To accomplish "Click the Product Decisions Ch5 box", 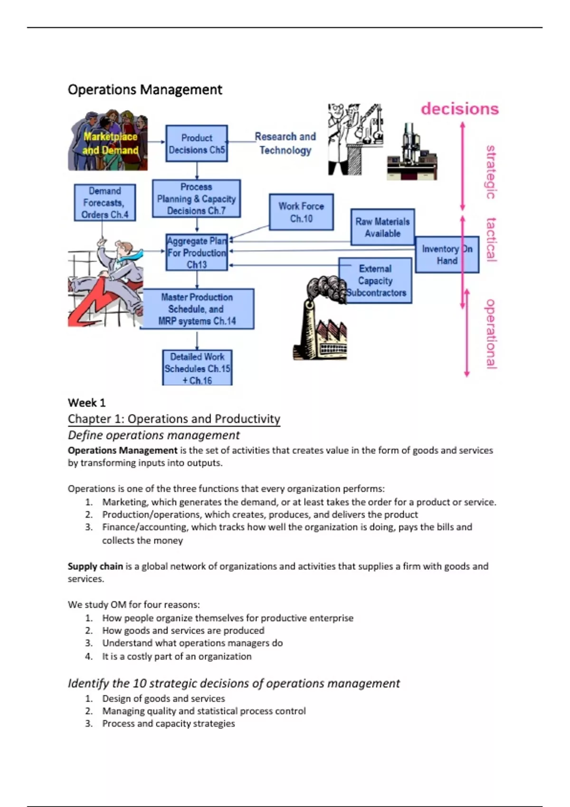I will pos(197,143).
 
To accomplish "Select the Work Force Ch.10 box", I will pos(301,212).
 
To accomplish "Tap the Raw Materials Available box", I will pos(382,227).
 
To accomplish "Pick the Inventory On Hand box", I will pos(447,255).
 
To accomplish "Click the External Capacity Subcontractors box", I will pos(376,281).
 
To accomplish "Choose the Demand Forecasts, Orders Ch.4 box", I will pos(104,203).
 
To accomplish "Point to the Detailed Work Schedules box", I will pos(197,368).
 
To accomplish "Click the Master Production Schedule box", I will pos(197,309).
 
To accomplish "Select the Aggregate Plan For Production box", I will pos(197,253).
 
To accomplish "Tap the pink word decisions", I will pos(460,109).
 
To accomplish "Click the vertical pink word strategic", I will pos(491,172).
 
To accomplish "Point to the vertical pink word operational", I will pos(491,333).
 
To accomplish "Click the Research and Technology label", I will pos(285,143).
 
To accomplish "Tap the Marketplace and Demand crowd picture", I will pos(109,141).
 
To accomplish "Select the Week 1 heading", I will pos(86,403).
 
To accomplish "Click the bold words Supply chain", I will pos(95,566).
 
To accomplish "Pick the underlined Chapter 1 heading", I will pos(174,419).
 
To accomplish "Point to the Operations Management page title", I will pos(145,90).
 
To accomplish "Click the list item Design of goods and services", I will pos(163,699).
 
